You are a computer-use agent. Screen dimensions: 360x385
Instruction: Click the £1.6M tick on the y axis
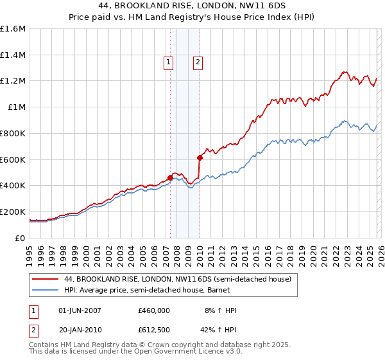pos(13,29)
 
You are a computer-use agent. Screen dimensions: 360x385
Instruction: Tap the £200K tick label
pos(13,212)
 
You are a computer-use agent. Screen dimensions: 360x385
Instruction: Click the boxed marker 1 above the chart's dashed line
pos(168,62)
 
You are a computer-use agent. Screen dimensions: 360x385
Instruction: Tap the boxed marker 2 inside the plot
pos(198,62)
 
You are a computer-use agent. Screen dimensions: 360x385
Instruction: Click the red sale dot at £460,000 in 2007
pos(171,177)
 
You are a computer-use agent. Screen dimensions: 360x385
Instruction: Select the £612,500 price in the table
pos(154,330)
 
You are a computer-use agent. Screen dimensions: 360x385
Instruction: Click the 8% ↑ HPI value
pos(218,310)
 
